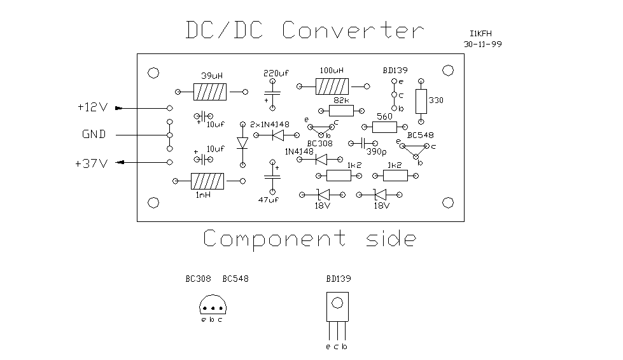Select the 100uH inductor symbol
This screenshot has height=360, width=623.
tap(332, 87)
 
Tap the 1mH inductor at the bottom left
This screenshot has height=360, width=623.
tap(207, 182)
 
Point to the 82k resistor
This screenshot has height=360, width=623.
tap(340, 111)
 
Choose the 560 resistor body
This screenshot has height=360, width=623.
tap(384, 127)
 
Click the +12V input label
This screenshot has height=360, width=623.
tap(92, 108)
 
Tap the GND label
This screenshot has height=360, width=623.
tap(94, 135)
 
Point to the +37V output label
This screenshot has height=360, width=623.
tap(90, 163)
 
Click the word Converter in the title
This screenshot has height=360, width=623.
tap(352, 31)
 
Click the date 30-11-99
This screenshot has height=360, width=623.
tap(484, 45)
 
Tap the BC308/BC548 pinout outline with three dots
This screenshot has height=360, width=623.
tap(212, 306)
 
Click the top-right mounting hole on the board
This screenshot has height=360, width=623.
tap(448, 71)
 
